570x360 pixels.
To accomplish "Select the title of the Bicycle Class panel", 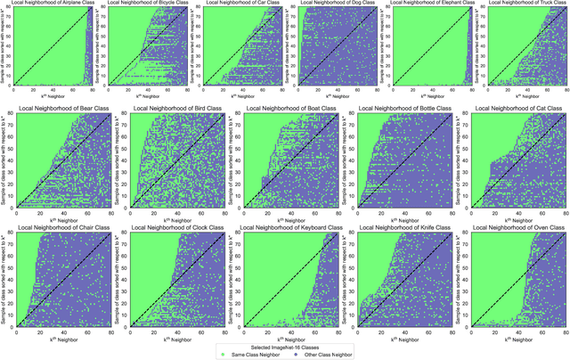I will (x=148, y=4).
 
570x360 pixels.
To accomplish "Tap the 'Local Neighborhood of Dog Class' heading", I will (x=337, y=4).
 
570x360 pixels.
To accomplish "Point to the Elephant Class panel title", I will (x=430, y=4).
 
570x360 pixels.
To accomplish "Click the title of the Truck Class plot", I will (x=525, y=4).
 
